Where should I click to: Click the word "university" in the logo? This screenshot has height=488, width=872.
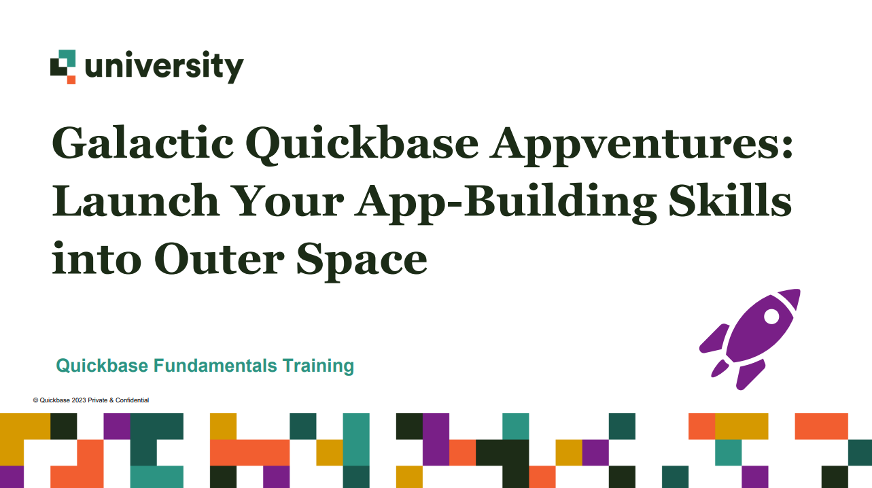[x=164, y=67]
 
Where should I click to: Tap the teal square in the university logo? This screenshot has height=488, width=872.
[x=67, y=58]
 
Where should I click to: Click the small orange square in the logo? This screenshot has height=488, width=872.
[x=71, y=80]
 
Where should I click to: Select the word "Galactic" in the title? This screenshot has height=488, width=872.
[x=143, y=143]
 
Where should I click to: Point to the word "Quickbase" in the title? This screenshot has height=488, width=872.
[x=362, y=145]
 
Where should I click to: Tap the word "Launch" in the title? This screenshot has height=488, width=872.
[x=136, y=201]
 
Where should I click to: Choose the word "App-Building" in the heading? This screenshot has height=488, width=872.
[x=506, y=203]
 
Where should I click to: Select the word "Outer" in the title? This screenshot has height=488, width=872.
[x=219, y=259]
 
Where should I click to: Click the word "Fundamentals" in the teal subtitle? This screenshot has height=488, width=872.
[x=215, y=366]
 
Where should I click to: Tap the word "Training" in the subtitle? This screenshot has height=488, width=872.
[x=318, y=366]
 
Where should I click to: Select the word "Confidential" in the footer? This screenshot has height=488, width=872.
[x=133, y=400]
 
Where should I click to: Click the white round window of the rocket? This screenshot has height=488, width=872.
[x=771, y=316]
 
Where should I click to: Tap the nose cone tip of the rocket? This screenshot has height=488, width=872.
[x=799, y=290]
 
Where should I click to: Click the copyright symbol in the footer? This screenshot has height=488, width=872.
[x=35, y=400]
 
